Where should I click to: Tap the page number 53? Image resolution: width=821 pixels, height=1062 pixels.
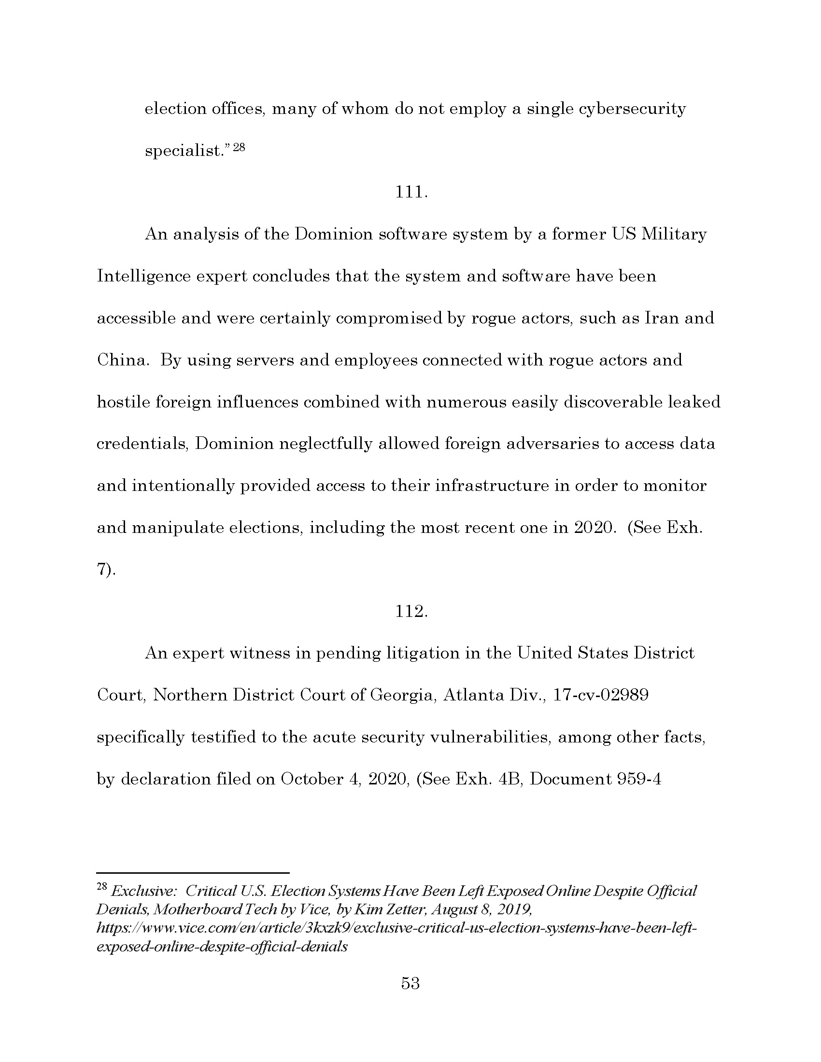click(x=410, y=983)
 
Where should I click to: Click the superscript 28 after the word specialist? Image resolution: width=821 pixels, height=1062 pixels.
click(x=238, y=147)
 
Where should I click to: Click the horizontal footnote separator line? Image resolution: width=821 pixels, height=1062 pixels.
click(x=193, y=873)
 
